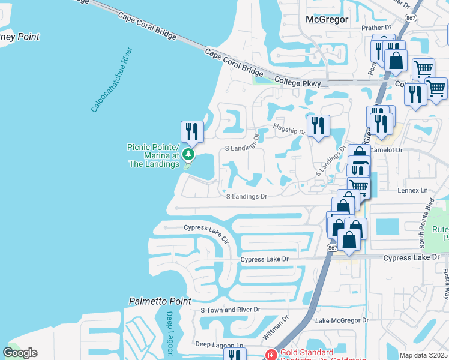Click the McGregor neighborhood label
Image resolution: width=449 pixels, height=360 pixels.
327,19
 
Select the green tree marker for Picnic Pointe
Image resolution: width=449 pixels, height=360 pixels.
188,155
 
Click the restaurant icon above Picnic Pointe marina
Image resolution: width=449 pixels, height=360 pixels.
192,130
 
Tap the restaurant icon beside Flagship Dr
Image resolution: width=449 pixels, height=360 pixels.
319,125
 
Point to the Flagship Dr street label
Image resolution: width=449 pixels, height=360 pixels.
289,128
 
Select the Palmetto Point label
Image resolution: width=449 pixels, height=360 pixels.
160,301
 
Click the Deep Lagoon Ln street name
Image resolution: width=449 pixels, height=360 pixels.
220,345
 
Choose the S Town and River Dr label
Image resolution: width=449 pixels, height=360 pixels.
231,310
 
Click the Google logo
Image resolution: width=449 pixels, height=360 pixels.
20,353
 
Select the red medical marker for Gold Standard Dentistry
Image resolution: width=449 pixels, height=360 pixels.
271,355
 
